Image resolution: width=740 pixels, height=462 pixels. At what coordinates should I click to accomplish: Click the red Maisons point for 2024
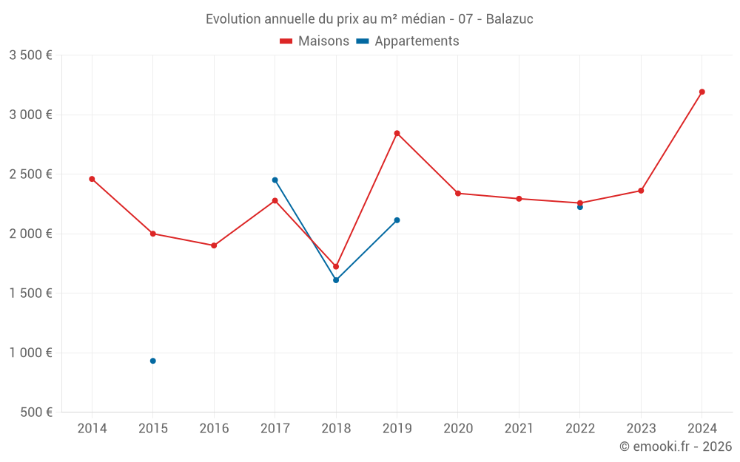(702, 92)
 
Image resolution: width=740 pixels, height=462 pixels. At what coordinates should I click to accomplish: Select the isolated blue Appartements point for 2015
(153, 361)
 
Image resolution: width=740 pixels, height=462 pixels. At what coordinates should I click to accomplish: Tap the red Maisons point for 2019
(397, 133)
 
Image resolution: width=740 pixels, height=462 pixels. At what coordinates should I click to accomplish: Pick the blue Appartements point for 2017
(275, 180)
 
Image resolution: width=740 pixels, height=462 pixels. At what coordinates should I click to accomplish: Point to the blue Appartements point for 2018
(336, 280)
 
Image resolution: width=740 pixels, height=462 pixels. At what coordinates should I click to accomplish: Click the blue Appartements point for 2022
(580, 207)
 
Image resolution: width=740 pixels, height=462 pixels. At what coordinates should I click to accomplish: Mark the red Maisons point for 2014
(92, 179)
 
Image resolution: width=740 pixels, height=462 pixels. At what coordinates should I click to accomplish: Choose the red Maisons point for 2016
(214, 245)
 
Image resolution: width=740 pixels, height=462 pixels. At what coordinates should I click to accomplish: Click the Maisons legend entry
(314, 41)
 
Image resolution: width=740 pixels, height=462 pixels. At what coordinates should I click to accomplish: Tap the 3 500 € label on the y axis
(30, 55)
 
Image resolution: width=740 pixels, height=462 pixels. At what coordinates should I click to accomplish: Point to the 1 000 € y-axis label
(30, 353)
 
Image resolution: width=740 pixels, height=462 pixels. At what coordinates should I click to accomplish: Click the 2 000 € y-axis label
(30, 234)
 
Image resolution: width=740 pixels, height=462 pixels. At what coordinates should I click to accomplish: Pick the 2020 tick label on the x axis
(458, 429)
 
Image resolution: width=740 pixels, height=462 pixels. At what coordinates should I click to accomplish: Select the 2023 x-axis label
(641, 429)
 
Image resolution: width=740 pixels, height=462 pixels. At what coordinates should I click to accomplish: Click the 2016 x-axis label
(214, 429)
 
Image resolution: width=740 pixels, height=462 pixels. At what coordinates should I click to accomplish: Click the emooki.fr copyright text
(676, 446)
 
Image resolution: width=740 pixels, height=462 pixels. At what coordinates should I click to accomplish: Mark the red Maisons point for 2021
(519, 199)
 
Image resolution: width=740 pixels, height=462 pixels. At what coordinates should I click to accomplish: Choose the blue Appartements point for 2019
(397, 220)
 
